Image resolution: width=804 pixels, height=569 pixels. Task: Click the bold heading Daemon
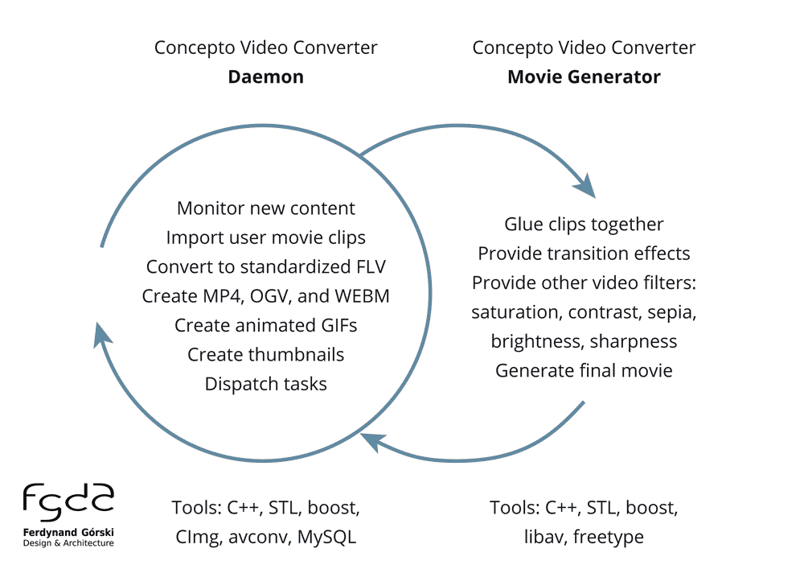tap(265, 77)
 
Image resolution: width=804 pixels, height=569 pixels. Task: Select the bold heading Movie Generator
tap(584, 77)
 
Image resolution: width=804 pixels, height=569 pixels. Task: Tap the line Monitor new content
tap(265, 208)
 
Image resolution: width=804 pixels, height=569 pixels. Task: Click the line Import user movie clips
tap(265, 237)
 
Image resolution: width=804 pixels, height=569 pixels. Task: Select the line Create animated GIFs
tap(265, 325)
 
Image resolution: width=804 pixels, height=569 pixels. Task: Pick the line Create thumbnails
tap(265, 354)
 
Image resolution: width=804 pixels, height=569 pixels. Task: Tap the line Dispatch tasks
tap(265, 384)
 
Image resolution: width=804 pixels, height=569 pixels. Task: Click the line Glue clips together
tap(584, 224)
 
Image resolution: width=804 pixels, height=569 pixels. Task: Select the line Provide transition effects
tap(584, 254)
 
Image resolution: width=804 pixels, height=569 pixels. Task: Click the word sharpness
tap(634, 341)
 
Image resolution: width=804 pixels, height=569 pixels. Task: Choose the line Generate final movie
tap(584, 370)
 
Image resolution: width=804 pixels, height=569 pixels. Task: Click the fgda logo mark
tap(68, 502)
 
